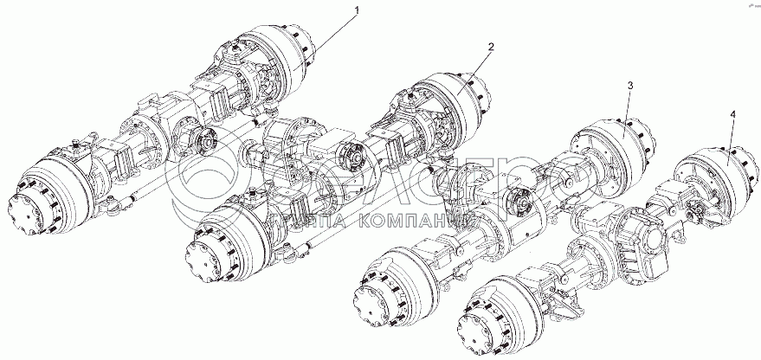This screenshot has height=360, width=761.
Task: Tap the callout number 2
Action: (490, 47)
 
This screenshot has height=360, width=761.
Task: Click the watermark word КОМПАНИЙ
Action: (422, 223)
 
